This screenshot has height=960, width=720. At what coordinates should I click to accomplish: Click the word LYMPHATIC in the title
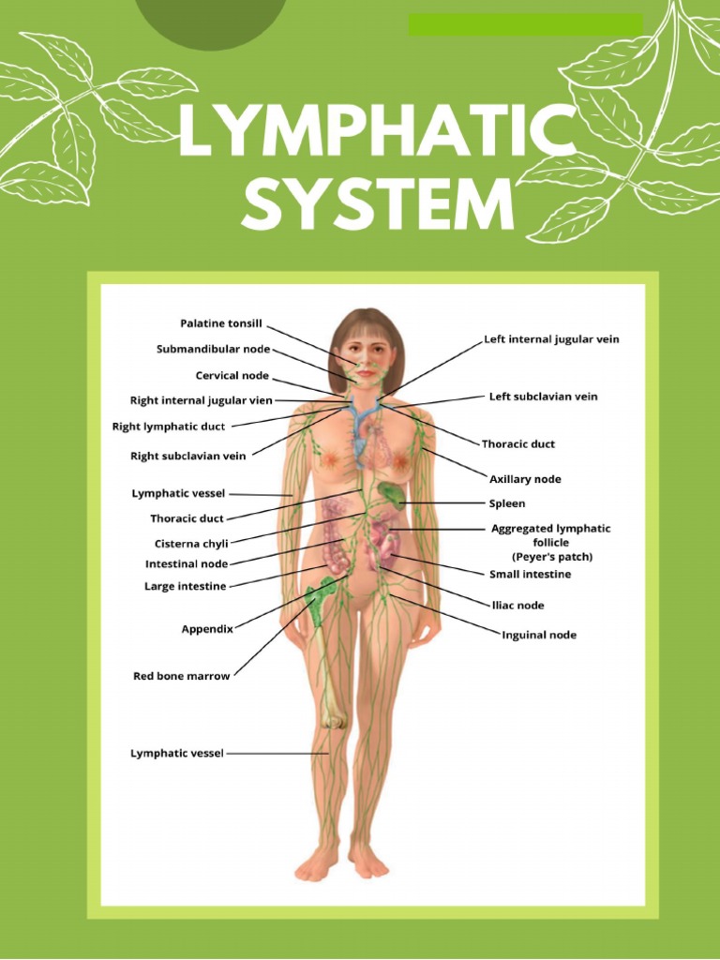tap(375, 134)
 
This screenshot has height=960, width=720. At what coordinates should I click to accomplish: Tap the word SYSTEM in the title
tap(378, 205)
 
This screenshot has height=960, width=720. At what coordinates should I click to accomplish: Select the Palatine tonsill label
tap(221, 323)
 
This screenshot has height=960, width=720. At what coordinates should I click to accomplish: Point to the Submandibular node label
tap(213, 350)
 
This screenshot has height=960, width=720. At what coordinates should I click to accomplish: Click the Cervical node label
tap(232, 376)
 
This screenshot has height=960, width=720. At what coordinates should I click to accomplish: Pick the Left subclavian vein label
tap(543, 397)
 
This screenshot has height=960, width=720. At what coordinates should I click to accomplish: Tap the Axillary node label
tap(525, 479)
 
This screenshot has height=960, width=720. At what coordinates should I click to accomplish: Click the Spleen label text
tap(507, 503)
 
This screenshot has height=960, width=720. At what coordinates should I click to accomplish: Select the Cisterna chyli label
tap(191, 544)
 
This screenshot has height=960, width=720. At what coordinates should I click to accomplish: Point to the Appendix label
tap(207, 629)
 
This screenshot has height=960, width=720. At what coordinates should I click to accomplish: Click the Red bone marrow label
tap(181, 676)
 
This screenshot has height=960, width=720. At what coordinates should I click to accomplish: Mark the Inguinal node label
tap(539, 635)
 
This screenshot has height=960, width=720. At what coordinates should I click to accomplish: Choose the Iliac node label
tap(517, 605)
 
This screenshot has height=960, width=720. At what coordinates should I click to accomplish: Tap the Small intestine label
tap(530, 574)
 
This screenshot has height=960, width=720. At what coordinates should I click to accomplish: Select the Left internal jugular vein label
tap(551, 338)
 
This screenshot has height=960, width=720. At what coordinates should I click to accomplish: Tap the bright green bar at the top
tap(525, 24)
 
